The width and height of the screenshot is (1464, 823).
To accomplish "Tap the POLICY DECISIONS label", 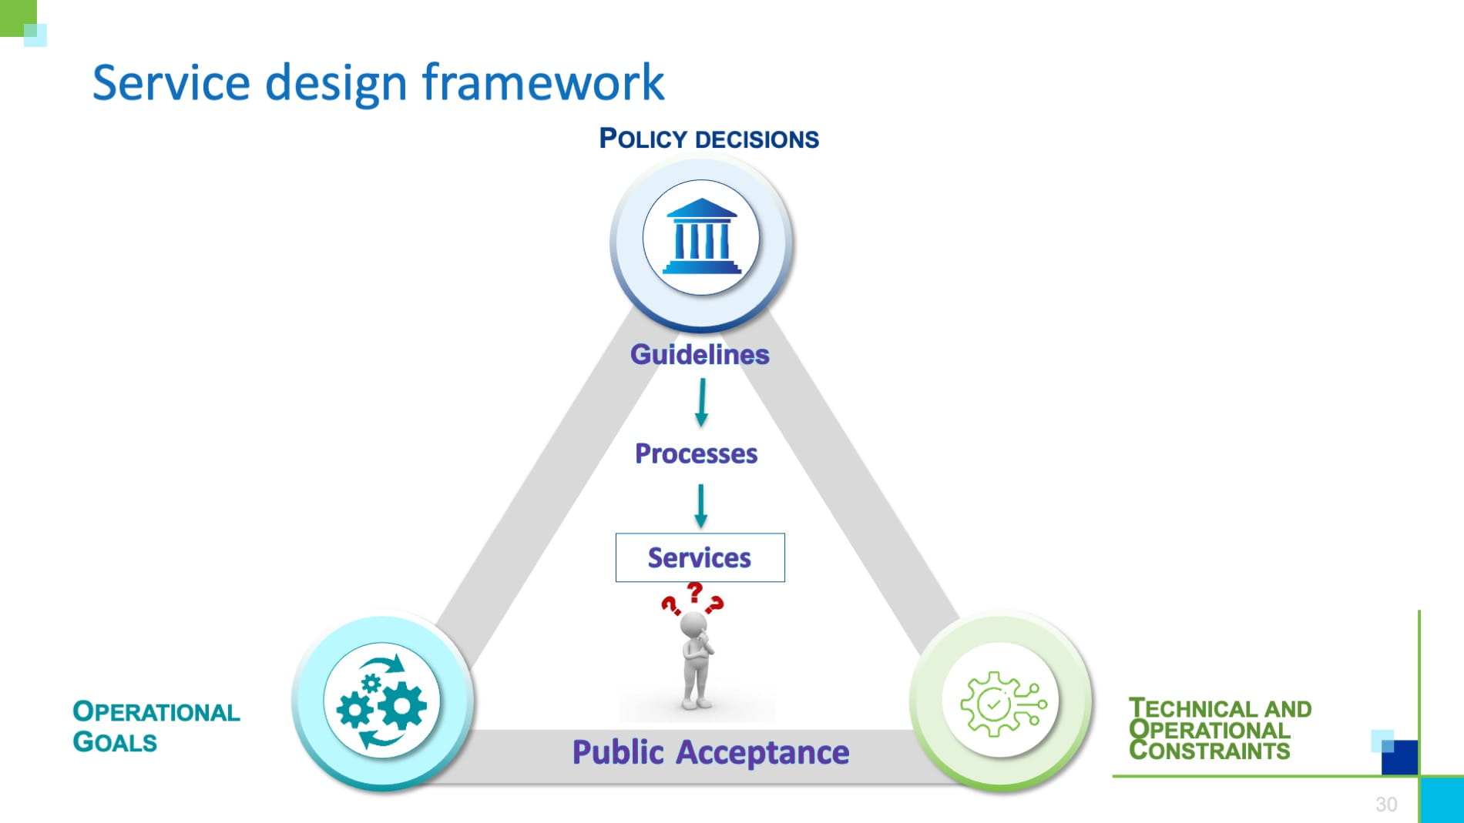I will [709, 139].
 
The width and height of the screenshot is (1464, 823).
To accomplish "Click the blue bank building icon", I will [701, 238].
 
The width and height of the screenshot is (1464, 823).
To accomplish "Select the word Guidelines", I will [700, 355].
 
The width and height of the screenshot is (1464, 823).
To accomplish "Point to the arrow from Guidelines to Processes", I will [701, 403].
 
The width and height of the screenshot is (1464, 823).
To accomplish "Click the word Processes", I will [696, 454].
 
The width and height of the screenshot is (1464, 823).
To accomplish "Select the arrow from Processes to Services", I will [700, 506].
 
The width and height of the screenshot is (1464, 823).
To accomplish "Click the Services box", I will [700, 557].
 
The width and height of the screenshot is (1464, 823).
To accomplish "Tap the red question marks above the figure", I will [693, 598].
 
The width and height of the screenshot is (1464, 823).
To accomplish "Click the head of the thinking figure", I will [693, 624].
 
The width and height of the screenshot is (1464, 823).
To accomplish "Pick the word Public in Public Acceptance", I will [617, 752].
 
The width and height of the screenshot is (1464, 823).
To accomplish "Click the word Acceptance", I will [762, 752].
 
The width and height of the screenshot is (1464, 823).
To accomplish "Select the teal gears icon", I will [381, 701].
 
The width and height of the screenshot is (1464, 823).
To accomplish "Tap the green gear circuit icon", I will [1001, 703].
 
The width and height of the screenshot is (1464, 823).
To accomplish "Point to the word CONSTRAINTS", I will [1209, 751].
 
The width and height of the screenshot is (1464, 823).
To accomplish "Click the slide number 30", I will [1385, 805].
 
